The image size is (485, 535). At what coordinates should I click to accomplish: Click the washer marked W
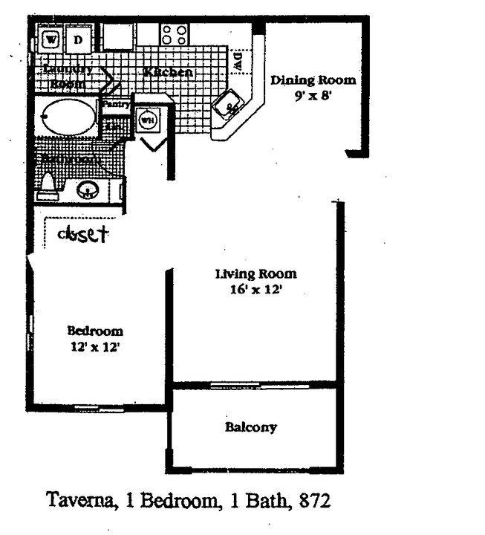pyautogui.click(x=51, y=38)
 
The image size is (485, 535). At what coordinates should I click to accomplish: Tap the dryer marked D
pyautogui.click(x=77, y=38)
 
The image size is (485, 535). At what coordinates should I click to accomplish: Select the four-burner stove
pyautogui.click(x=175, y=34)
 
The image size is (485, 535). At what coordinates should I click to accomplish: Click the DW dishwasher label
pyautogui.click(x=238, y=62)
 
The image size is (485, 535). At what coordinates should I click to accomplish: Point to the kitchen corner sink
pyautogui.click(x=230, y=105)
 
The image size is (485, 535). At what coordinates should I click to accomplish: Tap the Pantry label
pyautogui.click(x=116, y=105)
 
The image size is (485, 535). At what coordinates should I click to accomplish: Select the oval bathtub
pyautogui.click(x=68, y=117)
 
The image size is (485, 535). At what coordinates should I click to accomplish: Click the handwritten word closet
pyautogui.click(x=83, y=234)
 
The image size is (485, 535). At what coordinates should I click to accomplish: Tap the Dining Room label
pyautogui.click(x=313, y=80)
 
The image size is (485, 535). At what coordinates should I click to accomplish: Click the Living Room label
pyautogui.click(x=256, y=273)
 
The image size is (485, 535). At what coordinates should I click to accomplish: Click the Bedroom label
pyautogui.click(x=95, y=331)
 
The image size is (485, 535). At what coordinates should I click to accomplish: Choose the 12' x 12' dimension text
pyautogui.click(x=95, y=346)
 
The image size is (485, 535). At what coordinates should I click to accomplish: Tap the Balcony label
pyautogui.click(x=250, y=427)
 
